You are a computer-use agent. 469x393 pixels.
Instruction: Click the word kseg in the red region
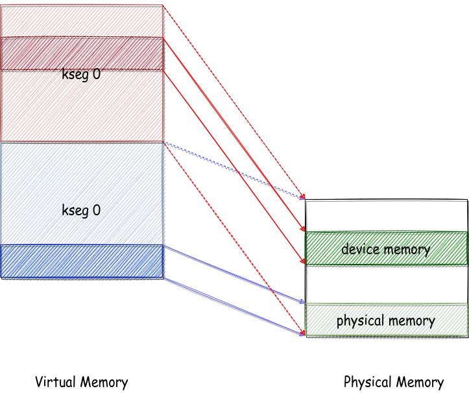[x=75, y=75]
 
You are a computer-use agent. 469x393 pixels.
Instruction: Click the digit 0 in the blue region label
[x=96, y=210]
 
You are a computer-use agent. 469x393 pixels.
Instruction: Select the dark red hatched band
[x=82, y=54]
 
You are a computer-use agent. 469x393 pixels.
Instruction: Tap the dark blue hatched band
[x=82, y=261]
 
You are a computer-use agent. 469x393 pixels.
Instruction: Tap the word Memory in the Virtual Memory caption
[x=104, y=382]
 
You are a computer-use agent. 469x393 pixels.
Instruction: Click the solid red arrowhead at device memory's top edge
[x=303, y=229]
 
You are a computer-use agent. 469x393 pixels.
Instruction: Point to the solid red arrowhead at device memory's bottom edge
[x=303, y=261]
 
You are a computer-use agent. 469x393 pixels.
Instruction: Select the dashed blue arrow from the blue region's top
[x=235, y=171]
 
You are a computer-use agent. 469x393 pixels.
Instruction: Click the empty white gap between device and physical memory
[x=387, y=284]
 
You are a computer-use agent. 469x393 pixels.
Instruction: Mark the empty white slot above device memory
[x=387, y=216]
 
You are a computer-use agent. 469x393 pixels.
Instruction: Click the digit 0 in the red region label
[x=96, y=74]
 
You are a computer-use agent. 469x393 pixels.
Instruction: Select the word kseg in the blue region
[x=75, y=211]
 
